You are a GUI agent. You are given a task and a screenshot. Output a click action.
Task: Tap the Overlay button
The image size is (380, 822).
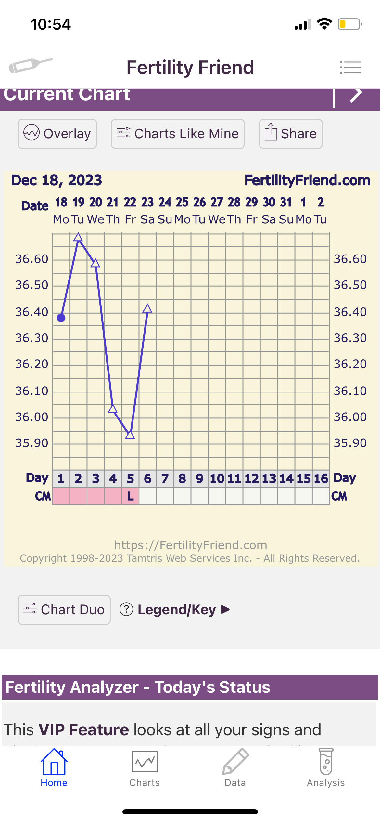[57, 134]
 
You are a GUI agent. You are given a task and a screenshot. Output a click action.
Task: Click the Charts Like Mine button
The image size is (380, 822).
[178, 134]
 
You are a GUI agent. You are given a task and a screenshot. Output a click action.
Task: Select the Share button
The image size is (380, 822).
[291, 134]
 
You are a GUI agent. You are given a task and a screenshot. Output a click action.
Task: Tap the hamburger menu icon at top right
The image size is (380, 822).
[350, 67]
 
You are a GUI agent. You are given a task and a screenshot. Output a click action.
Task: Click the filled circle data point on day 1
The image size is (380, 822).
[61, 318]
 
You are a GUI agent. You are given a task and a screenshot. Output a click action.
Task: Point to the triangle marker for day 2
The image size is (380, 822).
[78, 238]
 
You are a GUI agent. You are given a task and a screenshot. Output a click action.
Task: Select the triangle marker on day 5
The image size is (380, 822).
[130, 435]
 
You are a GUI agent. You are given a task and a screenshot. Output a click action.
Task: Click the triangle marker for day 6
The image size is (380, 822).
[147, 308]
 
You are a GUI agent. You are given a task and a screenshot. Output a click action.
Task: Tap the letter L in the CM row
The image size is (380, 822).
[130, 496]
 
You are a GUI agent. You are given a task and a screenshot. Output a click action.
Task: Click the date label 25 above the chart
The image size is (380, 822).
[182, 202]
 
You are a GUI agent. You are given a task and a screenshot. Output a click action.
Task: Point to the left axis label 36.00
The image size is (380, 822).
[32, 417]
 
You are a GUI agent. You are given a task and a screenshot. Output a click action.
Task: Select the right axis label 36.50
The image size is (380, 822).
[350, 285]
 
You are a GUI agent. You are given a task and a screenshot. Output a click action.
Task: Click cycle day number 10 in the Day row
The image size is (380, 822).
[217, 479]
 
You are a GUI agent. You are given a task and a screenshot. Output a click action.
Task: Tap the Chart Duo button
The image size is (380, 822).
[64, 610]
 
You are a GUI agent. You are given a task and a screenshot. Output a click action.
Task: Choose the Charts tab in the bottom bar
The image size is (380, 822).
[145, 768]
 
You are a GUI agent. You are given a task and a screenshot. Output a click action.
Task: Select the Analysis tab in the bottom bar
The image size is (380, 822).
[326, 768]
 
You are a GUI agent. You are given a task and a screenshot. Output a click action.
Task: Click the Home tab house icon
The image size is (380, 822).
[54, 762]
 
